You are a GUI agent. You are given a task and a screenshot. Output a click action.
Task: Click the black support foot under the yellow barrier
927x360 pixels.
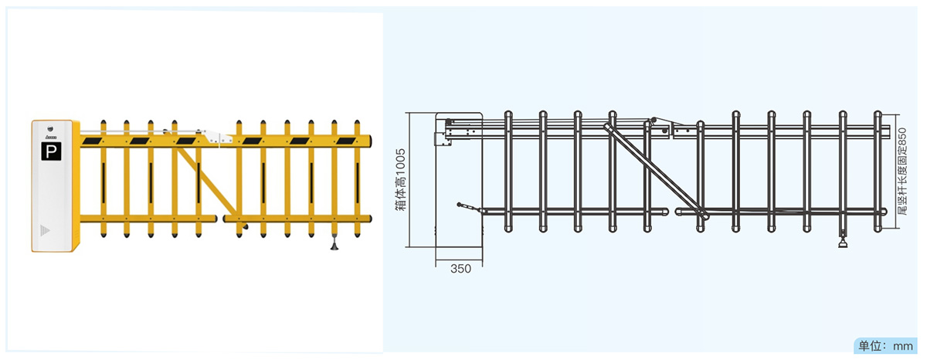tap(334, 245)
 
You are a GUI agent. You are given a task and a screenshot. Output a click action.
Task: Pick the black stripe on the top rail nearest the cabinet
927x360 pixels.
tap(93, 141)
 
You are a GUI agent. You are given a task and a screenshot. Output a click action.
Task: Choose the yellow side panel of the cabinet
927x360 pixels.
tap(76, 185)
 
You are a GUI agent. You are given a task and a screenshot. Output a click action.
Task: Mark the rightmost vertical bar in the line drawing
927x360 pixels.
tap(878, 172)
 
